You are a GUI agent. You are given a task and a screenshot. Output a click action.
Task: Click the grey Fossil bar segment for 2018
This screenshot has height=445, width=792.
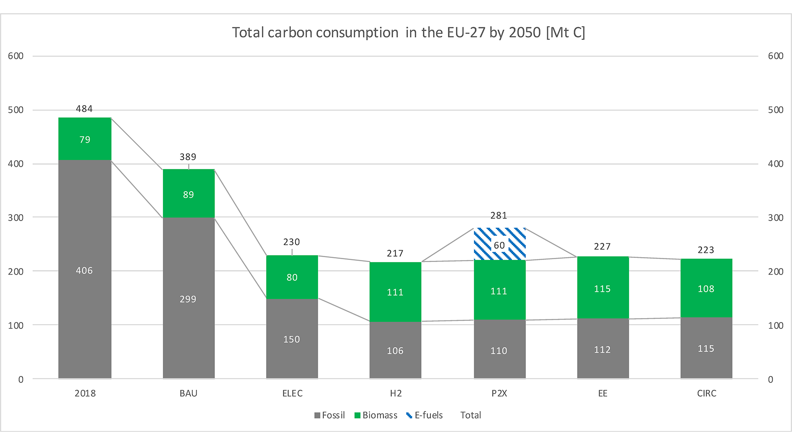[x=85, y=269]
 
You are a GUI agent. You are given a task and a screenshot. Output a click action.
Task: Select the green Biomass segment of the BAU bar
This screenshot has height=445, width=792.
[x=189, y=193]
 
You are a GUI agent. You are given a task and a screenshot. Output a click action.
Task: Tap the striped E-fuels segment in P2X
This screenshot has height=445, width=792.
[x=500, y=244]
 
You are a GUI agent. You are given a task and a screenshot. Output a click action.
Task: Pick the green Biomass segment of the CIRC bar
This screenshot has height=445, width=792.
[x=706, y=288]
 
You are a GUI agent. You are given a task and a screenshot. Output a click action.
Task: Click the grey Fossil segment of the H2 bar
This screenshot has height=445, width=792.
[x=395, y=350]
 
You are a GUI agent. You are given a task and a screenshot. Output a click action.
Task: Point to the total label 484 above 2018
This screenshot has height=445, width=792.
[x=84, y=109]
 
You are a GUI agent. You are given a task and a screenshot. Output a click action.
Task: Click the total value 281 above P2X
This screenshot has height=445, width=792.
[x=499, y=215]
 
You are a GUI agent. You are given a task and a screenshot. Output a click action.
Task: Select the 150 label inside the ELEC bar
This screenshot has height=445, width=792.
[x=292, y=340]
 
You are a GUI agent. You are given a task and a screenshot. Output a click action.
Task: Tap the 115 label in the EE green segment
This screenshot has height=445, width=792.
[x=602, y=289]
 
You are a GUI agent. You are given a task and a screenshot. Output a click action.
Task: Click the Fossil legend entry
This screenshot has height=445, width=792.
[x=330, y=415]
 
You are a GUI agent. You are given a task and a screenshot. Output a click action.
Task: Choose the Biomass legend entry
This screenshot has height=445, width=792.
[x=376, y=415]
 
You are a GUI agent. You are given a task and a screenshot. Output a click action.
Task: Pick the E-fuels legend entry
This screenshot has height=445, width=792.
[x=424, y=415]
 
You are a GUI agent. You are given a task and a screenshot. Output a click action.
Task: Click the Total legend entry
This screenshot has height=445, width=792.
[x=471, y=415]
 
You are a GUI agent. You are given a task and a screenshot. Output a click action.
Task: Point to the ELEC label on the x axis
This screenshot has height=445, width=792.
[x=292, y=393]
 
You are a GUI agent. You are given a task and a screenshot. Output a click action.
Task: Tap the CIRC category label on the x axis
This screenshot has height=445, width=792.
[x=707, y=393]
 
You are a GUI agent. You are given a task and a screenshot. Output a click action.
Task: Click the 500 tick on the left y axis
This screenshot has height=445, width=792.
[x=16, y=110]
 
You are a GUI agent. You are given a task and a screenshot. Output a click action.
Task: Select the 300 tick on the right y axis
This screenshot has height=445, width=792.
[x=776, y=218]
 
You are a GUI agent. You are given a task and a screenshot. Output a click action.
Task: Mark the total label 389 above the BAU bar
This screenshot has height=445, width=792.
[x=188, y=157]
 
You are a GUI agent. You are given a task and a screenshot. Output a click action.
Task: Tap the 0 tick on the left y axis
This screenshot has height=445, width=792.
[x=21, y=379]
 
